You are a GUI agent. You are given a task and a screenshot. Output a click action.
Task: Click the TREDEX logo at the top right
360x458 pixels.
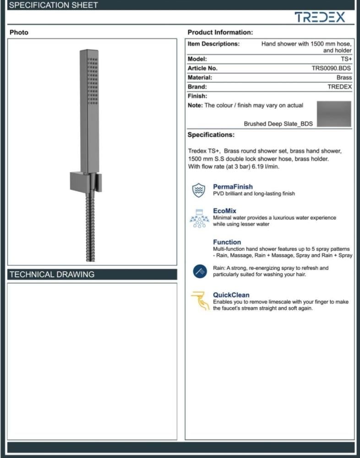point(320,18)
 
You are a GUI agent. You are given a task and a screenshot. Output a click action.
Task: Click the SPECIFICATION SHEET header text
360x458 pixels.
point(54,5)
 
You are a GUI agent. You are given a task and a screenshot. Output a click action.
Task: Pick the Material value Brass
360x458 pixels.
point(344,77)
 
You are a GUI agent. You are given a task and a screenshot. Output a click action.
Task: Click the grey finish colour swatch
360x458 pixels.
point(334,114)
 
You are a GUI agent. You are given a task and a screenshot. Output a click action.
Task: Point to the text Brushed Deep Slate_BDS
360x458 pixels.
point(278,124)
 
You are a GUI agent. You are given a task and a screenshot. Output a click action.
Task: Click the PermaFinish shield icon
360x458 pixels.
point(198,190)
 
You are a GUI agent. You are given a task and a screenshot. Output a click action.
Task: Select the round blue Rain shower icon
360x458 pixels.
point(200,272)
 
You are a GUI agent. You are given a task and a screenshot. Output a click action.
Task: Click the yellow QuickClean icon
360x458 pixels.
point(200,300)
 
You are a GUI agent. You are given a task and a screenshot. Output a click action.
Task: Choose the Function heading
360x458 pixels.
point(227,242)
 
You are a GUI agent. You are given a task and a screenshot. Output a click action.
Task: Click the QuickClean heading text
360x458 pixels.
point(231,295)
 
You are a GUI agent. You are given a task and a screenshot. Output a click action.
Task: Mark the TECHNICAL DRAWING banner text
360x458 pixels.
point(52,274)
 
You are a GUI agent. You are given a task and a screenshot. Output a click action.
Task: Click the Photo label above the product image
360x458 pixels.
point(19,33)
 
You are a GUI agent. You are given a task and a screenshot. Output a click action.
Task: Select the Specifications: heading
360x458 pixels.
point(211,135)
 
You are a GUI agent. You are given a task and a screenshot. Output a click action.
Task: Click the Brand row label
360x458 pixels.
point(197,87)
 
